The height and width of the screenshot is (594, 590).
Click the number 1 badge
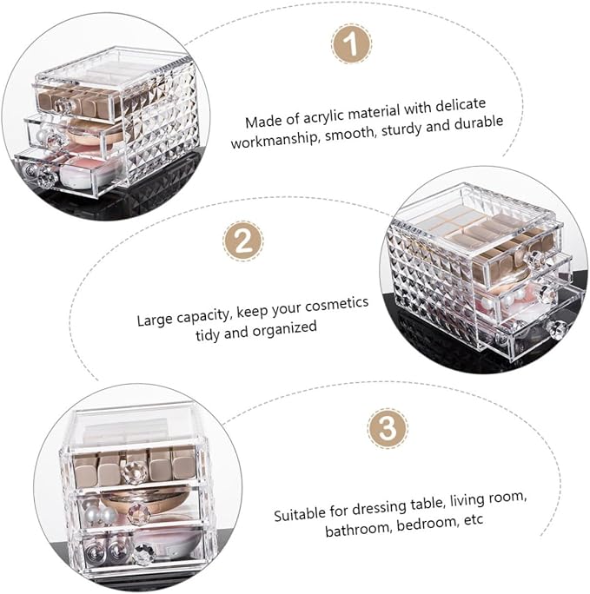click(x=352, y=43)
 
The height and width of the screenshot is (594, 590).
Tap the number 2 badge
click(x=243, y=241)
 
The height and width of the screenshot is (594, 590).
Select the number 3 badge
click(x=388, y=428)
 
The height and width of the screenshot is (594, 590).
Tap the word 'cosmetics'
click(x=336, y=306)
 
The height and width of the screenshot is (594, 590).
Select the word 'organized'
click(x=284, y=330)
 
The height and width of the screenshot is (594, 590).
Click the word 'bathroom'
click(x=358, y=529)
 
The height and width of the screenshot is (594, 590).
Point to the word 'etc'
click(x=474, y=519)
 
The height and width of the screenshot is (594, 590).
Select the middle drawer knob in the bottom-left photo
click(x=139, y=514)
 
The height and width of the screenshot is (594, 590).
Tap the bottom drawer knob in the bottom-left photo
click(x=144, y=555)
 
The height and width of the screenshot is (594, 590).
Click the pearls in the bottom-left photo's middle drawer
click(x=98, y=513)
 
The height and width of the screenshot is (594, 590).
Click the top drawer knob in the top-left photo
click(x=63, y=106)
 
